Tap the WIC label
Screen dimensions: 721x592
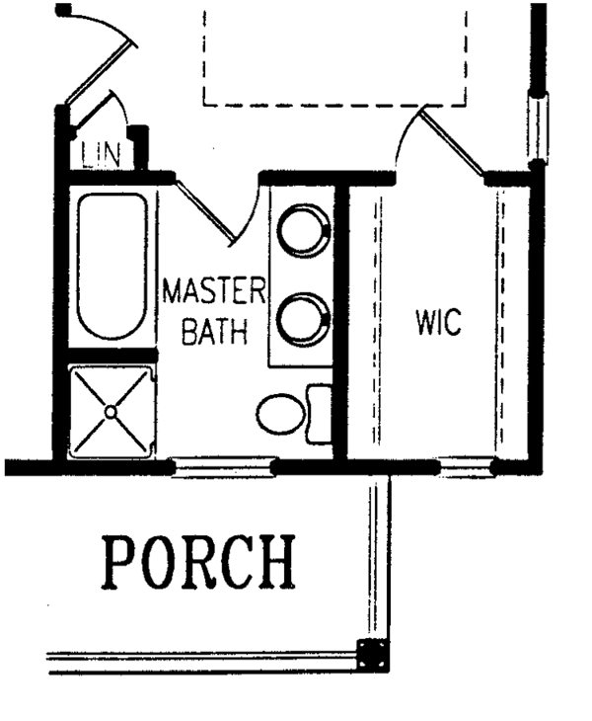[438, 322]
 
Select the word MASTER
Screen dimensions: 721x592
[214, 292]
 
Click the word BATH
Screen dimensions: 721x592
[213, 332]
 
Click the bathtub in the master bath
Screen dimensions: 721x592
[111, 266]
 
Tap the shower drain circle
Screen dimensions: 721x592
[111, 408]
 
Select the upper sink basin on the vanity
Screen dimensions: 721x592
[302, 231]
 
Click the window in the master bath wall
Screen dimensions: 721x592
[223, 467]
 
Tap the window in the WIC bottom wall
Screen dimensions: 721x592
[466, 466]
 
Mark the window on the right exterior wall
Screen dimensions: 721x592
[537, 126]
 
